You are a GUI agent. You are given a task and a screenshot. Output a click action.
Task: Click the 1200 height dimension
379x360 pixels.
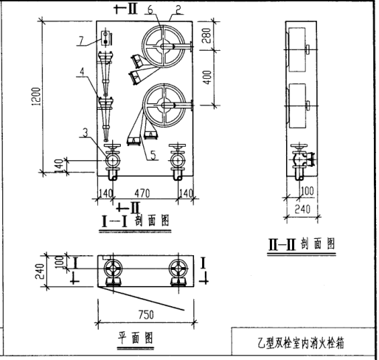point(36,96)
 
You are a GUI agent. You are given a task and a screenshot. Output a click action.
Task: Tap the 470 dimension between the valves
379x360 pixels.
point(142,193)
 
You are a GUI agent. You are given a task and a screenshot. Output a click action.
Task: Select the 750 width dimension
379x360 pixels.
point(146,315)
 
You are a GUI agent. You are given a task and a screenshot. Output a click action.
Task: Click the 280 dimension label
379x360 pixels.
point(206,35)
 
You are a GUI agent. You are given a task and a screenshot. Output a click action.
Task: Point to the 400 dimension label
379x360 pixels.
point(208,77)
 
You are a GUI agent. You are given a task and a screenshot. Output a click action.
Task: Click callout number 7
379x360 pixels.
point(81,40)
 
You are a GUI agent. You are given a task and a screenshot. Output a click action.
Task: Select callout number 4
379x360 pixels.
point(82,72)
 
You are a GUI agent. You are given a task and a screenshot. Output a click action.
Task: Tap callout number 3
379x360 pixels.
point(86,133)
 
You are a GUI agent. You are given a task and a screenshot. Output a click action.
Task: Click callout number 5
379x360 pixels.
point(153,155)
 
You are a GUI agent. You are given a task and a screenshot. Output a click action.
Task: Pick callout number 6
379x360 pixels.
point(150,10)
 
